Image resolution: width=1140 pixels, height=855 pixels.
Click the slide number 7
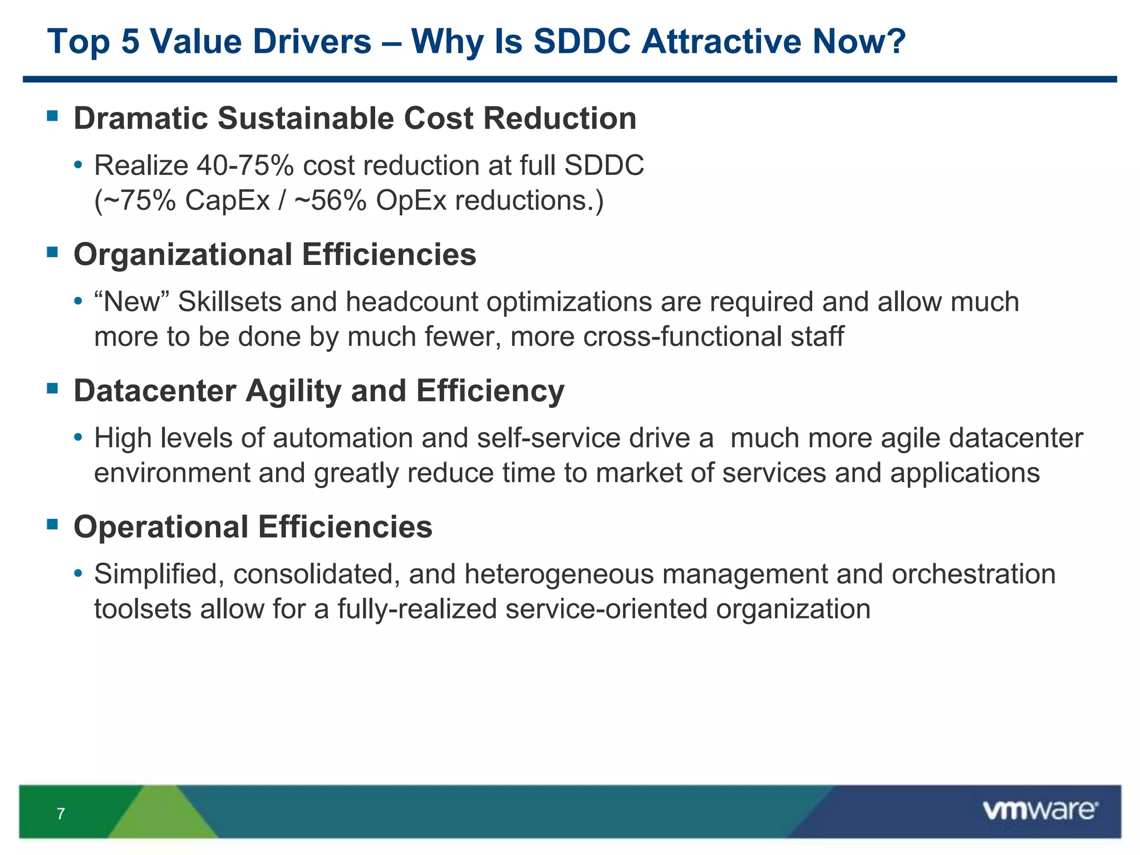tap(61, 814)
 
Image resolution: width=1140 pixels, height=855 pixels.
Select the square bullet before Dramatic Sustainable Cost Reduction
tap(52, 116)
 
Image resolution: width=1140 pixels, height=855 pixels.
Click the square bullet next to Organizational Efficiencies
tap(52, 252)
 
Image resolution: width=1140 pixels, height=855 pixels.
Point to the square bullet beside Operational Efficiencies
tap(52, 524)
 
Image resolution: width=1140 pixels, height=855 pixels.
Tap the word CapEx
tap(227, 200)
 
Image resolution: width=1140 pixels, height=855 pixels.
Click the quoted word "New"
tap(132, 302)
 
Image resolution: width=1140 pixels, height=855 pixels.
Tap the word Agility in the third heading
tap(293, 390)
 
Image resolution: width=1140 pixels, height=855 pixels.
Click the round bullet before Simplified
tap(78, 573)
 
